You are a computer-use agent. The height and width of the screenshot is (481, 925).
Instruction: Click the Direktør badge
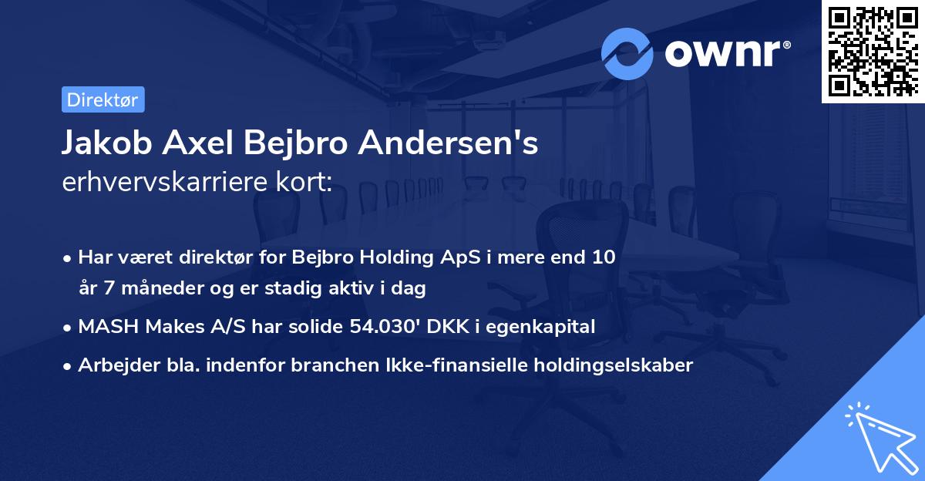[x=103, y=99]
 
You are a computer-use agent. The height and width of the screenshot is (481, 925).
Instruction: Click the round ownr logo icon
[x=627, y=53]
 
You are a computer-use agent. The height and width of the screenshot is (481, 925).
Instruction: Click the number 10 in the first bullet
[x=604, y=257]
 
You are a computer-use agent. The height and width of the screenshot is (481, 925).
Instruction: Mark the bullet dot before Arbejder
[x=69, y=366]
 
